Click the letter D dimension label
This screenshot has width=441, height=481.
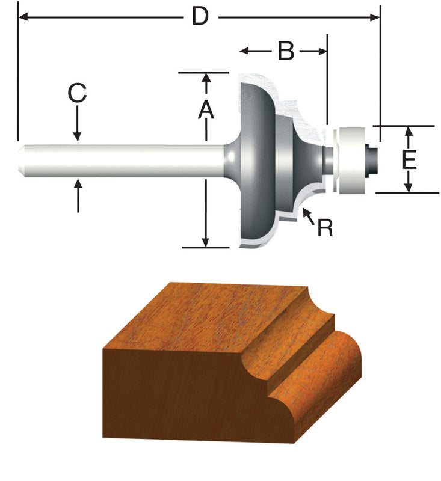[x=200, y=17]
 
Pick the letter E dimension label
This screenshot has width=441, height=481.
[x=409, y=160]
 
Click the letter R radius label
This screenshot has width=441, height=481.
[x=325, y=227]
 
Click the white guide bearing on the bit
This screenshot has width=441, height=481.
[x=351, y=160]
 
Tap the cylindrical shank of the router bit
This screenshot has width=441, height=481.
[x=120, y=161]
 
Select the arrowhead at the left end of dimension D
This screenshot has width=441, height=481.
[x=24, y=17]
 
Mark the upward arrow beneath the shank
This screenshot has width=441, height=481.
[x=78, y=191]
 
